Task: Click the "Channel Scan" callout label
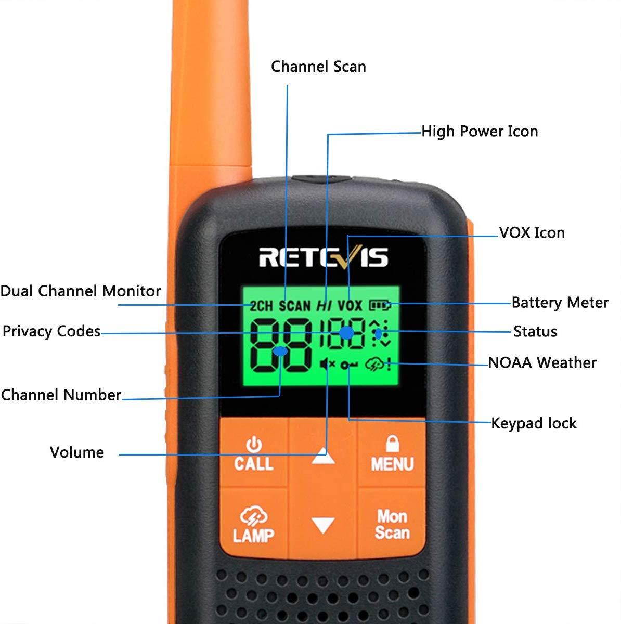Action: (318, 67)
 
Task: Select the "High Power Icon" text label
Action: (479, 131)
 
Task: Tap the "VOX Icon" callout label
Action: (532, 232)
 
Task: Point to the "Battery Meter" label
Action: (560, 303)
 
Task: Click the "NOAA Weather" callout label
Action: (542, 362)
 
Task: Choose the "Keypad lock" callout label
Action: (534, 423)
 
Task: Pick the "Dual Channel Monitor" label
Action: (81, 291)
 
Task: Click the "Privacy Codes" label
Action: (51, 331)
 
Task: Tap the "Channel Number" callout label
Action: (61, 395)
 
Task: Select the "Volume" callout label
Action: (77, 452)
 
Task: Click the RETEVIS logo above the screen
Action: (323, 256)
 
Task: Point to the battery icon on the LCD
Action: (380, 305)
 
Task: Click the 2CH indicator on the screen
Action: (261, 306)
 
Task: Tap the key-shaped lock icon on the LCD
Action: (350, 366)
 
